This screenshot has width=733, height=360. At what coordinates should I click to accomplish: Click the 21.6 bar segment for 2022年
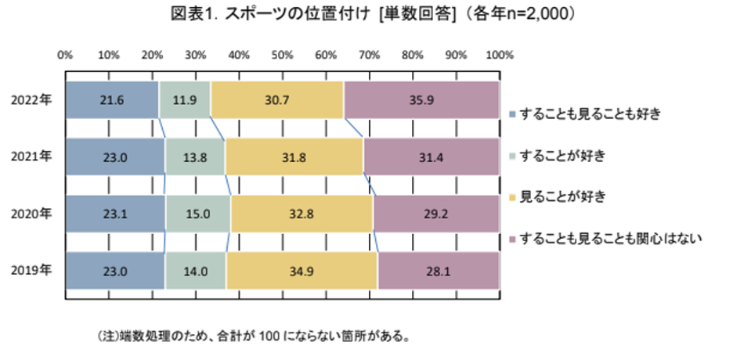[x=112, y=99]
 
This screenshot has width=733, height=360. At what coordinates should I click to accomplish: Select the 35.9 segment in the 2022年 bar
[x=421, y=99]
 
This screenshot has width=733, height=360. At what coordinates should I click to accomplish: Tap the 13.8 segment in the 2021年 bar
[x=194, y=157]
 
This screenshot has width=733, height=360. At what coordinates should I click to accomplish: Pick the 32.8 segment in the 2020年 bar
[x=301, y=214]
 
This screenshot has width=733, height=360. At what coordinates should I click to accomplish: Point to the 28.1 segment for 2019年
[x=439, y=271]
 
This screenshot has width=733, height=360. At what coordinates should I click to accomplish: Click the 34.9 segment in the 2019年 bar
[x=302, y=271]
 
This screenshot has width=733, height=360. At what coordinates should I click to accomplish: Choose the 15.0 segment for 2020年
[x=198, y=214]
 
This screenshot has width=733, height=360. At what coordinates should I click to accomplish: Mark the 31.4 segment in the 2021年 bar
[x=431, y=157]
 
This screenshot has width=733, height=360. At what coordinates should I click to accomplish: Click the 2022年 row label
[x=32, y=99]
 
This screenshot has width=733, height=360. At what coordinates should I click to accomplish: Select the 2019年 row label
[x=32, y=271]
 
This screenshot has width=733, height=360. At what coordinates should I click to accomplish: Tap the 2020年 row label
[x=32, y=214]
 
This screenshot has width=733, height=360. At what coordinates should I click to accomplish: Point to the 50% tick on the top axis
[x=283, y=56]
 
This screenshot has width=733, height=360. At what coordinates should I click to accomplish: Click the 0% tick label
[x=66, y=56]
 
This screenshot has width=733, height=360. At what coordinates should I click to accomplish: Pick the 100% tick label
[x=499, y=56]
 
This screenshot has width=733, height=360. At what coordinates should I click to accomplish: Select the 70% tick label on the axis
[x=369, y=56]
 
